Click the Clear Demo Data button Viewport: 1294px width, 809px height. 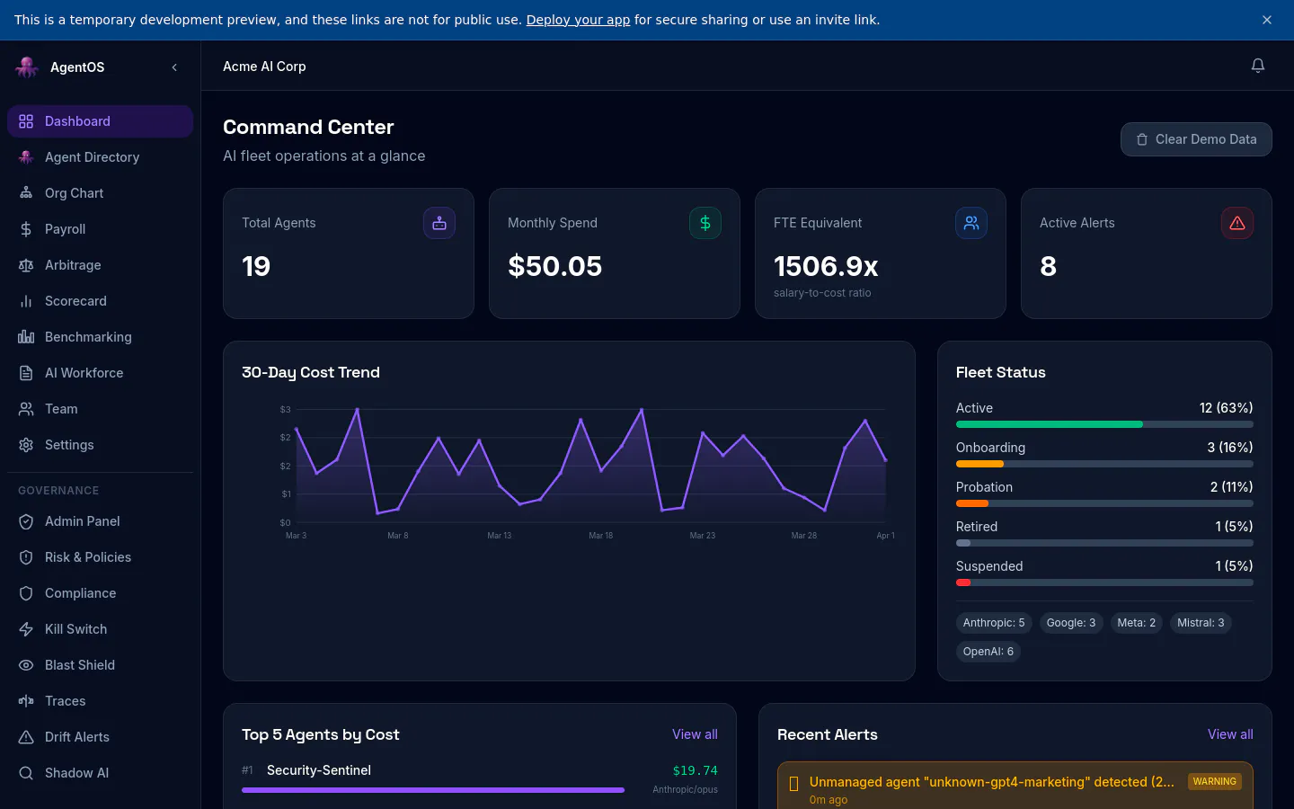pos(1196,139)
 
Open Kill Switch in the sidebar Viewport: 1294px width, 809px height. pos(75,629)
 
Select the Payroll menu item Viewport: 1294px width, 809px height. pos(65,229)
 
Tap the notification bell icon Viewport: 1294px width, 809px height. pos(1258,66)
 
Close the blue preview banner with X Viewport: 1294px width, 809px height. pos(1267,20)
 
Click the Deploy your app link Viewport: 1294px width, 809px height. pos(578,20)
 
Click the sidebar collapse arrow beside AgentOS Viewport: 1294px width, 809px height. pos(174,67)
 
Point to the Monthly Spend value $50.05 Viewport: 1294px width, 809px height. pos(554,266)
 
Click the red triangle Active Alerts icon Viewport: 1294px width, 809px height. pos(1236,223)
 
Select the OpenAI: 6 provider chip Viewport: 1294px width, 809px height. pos(988,652)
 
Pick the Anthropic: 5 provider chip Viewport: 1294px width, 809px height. pos(994,623)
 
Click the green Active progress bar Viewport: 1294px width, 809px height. pos(1049,424)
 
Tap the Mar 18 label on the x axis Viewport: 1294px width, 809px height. pos(601,536)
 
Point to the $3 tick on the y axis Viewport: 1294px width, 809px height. pos(286,410)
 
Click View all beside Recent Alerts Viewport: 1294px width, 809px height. pos(1230,734)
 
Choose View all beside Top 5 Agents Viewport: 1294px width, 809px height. pos(695,734)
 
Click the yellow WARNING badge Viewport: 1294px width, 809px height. pos(1214,782)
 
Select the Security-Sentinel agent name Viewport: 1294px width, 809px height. pos(318,770)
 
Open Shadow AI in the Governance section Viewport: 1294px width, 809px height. pos(76,773)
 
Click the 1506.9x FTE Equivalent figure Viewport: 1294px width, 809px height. pos(826,266)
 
